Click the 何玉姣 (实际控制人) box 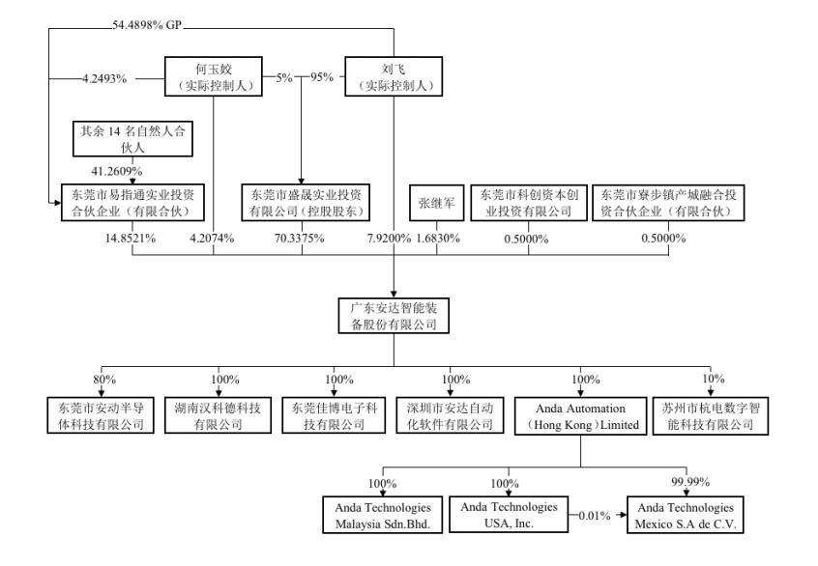click(213, 76)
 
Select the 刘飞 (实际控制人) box click(394, 76)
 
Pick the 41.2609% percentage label click(105, 169)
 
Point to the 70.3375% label click(303, 237)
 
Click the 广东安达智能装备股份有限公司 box click(394, 317)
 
